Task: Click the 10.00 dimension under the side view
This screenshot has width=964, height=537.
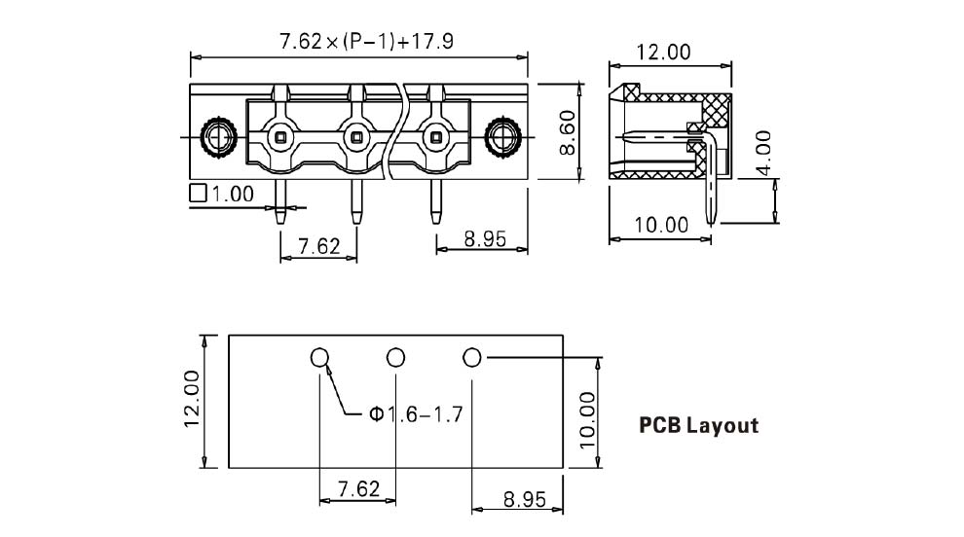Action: pyautogui.click(x=661, y=226)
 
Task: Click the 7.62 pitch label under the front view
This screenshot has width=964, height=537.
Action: pyautogui.click(x=319, y=246)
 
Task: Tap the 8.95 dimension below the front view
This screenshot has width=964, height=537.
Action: pyautogui.click(x=484, y=238)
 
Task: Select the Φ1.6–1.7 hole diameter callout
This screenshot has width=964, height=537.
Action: pyautogui.click(x=416, y=414)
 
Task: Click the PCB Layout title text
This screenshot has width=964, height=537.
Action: pyautogui.click(x=698, y=425)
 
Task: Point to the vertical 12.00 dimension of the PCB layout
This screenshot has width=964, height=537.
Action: pyautogui.click(x=192, y=398)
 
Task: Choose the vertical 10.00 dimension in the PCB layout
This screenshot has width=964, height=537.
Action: pyautogui.click(x=587, y=419)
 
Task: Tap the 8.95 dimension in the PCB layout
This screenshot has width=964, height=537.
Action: pyautogui.click(x=524, y=499)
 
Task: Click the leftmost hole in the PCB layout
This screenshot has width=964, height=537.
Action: pyautogui.click(x=320, y=358)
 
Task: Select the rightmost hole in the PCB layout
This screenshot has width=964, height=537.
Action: pyautogui.click(x=472, y=358)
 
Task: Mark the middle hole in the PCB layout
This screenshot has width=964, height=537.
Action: pyautogui.click(x=395, y=358)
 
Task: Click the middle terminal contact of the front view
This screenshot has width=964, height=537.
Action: pyautogui.click(x=356, y=135)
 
